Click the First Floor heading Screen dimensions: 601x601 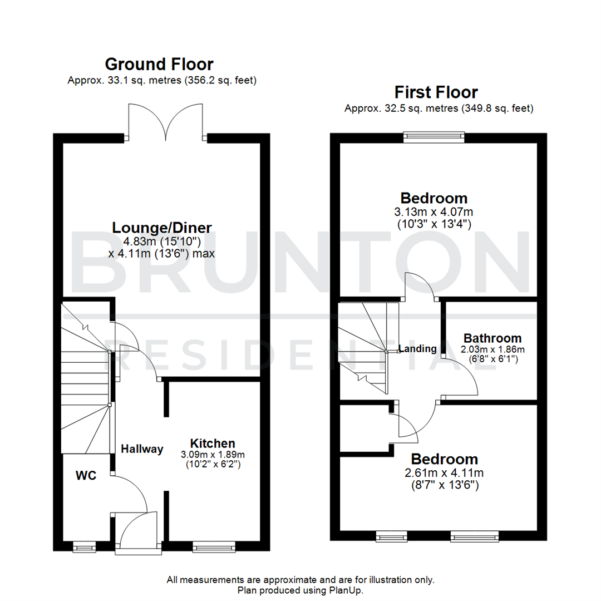coord(436,92)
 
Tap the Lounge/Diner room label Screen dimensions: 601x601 coord(162,228)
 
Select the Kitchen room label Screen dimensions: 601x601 coord(213,444)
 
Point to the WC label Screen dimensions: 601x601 coord(86,476)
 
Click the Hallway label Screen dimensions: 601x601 coord(142,449)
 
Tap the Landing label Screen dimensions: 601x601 coord(417,349)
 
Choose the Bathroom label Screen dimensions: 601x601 coord(492,338)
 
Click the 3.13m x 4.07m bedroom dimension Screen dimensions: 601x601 coord(433,212)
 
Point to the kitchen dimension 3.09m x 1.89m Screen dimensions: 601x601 coord(213,454)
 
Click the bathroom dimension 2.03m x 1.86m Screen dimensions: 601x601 coord(492,349)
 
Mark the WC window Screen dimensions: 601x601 coord(84,548)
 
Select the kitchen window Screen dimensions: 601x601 coord(214,548)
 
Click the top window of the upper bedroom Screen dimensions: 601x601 coord(433,136)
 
